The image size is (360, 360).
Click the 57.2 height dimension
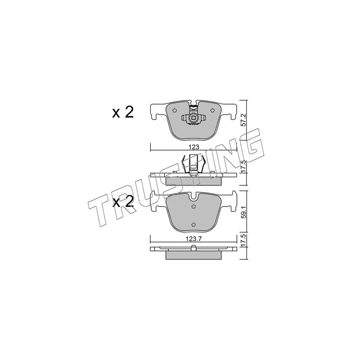pyautogui.click(x=244, y=120)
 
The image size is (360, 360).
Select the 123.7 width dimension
pyautogui.click(x=193, y=239)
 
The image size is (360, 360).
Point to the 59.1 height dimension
pyautogui.click(x=244, y=211)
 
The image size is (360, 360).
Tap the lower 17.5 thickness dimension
pyautogui.click(x=244, y=241)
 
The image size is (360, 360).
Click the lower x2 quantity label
pyautogui.click(x=123, y=202)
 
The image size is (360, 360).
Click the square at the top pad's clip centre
pyautogui.click(x=193, y=118)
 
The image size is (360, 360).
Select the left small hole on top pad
pyautogui.click(x=174, y=110)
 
